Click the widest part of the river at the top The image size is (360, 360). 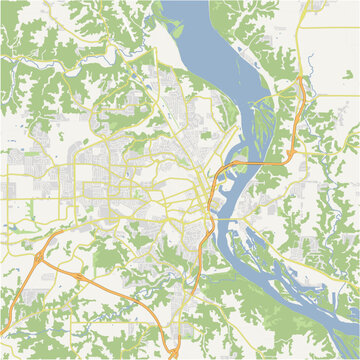click(205, 40)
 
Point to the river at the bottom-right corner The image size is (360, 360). click(335, 335)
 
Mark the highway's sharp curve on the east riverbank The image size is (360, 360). click(290, 150)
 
